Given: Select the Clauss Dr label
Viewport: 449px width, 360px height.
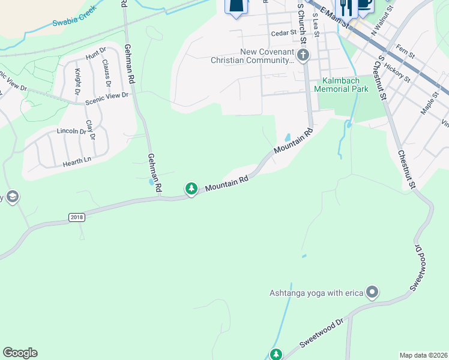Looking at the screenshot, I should [106, 71].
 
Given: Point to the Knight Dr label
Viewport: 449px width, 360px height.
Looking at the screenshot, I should [77, 82].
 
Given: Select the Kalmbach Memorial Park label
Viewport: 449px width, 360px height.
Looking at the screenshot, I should [345, 85].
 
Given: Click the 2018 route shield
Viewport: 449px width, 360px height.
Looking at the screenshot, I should [77, 217].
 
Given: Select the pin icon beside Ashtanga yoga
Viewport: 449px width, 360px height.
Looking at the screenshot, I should [372, 293].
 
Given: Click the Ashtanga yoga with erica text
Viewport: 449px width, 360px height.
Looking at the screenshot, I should [317, 293].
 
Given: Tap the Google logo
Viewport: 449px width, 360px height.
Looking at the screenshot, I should [20, 353].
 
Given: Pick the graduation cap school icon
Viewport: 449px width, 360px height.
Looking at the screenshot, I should [11, 197].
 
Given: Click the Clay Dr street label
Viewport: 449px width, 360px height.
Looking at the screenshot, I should [90, 130].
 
